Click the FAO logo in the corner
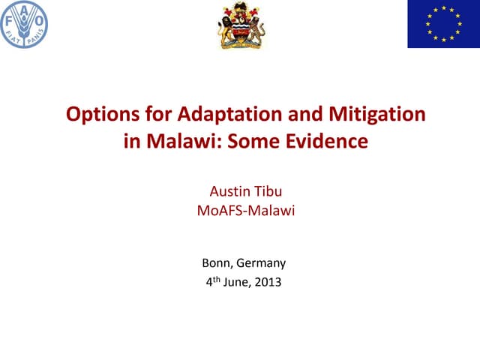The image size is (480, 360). click(24, 23)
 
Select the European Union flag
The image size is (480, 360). click(443, 24)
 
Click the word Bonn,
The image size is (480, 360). click(217, 263)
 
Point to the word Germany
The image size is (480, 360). click(261, 263)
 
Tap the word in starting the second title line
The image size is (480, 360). click(131, 140)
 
